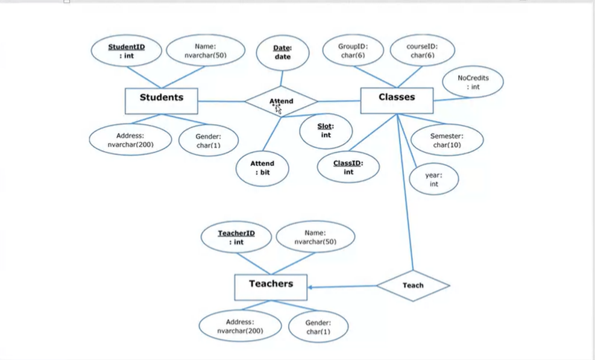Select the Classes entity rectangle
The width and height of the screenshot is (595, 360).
pos(397,100)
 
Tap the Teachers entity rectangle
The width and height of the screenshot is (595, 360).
pos(271,287)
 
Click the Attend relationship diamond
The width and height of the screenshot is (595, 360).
pos(281,101)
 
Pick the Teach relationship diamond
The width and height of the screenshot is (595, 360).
pos(413,285)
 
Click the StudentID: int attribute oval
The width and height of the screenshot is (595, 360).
pos(127,51)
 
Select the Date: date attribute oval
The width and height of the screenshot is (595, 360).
pos(282,52)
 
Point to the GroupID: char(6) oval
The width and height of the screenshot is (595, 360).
pos(353,51)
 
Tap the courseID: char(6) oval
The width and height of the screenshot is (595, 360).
pos(421,51)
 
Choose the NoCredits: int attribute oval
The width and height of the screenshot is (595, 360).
pos(473,83)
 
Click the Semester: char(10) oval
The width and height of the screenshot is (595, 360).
pos(447,141)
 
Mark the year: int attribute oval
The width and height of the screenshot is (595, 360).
pos(433,180)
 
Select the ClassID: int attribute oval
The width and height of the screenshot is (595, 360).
pos(348,168)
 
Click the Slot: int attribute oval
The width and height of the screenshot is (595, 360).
pos(326,131)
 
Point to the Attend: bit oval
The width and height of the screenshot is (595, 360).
pos(262,168)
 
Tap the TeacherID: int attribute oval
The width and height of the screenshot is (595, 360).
pos(236,238)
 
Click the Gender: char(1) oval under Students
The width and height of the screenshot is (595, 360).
pos(209,141)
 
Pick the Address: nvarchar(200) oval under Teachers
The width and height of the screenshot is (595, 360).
pos(240,326)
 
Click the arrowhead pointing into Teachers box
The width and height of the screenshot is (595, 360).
pos(311,288)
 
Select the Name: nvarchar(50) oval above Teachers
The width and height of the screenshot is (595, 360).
pos(315,237)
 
